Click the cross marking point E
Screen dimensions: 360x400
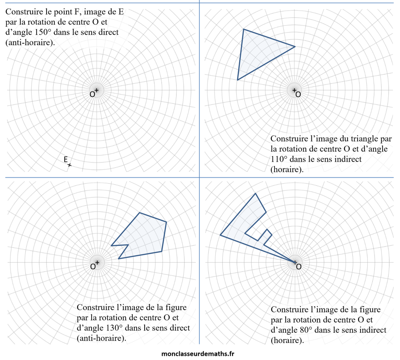tap(69, 165)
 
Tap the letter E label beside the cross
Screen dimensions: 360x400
tap(65, 159)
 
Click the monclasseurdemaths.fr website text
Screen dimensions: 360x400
tap(198, 353)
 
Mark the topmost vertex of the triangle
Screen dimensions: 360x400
tap(244, 29)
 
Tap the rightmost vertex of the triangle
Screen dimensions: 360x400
tap(295, 46)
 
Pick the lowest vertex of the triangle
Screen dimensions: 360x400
tap(238, 80)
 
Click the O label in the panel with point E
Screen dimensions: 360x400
tap(92, 94)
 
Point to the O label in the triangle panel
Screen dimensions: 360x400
tap(298, 94)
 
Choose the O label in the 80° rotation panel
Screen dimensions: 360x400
tap(299, 266)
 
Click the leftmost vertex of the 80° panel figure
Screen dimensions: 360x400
tap(220, 235)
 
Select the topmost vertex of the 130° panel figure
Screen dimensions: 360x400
tap(139, 213)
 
